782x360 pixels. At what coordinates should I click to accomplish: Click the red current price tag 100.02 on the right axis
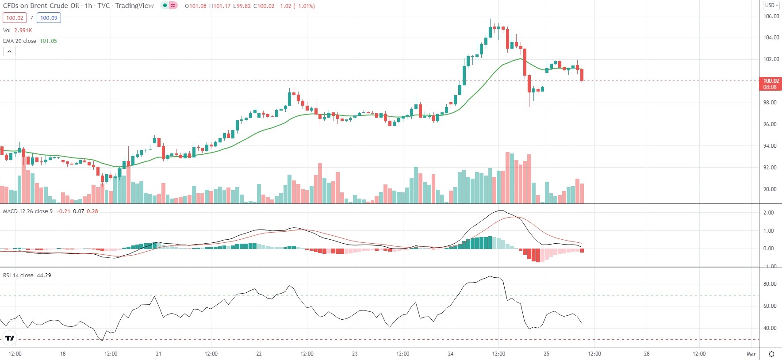tap(770, 81)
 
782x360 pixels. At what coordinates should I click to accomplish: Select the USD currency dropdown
tap(771, 5)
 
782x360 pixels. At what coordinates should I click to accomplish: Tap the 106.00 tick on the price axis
tap(771, 16)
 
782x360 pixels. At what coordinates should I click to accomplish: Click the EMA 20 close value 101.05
tap(48, 41)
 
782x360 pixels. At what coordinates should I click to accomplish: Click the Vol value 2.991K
tap(23, 31)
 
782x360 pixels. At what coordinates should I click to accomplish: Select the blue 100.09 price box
tap(49, 18)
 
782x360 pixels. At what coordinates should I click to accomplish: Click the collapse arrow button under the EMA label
tap(9, 52)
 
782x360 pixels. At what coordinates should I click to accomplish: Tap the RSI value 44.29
tap(44, 276)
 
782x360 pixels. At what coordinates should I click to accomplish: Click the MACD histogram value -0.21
tap(64, 211)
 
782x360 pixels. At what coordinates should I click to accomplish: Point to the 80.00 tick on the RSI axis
tap(770, 284)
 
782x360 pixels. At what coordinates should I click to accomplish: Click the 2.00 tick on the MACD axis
tap(769, 213)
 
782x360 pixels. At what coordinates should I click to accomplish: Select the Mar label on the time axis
tap(751, 354)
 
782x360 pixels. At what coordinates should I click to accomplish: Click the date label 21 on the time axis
tap(158, 354)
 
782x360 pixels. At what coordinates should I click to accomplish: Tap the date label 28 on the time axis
tap(647, 354)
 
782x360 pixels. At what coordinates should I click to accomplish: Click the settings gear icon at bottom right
tap(771, 354)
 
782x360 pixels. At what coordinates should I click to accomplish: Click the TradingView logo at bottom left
tap(9, 338)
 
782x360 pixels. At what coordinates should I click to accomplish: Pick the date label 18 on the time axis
tap(63, 354)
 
